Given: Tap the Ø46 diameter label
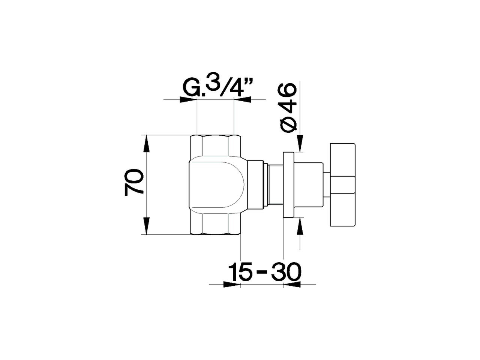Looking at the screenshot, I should pos(288,107).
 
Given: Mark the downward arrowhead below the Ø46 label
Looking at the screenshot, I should pos(300,144).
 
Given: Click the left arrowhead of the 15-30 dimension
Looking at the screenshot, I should pos(232,284).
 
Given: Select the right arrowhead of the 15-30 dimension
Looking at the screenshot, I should pos(292,284).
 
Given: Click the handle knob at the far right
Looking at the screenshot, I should pos(342,185).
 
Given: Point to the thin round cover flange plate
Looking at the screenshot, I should pos(288,184).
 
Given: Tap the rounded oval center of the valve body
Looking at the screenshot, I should pos(217,184).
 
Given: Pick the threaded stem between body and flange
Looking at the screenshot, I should pos(274,184).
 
